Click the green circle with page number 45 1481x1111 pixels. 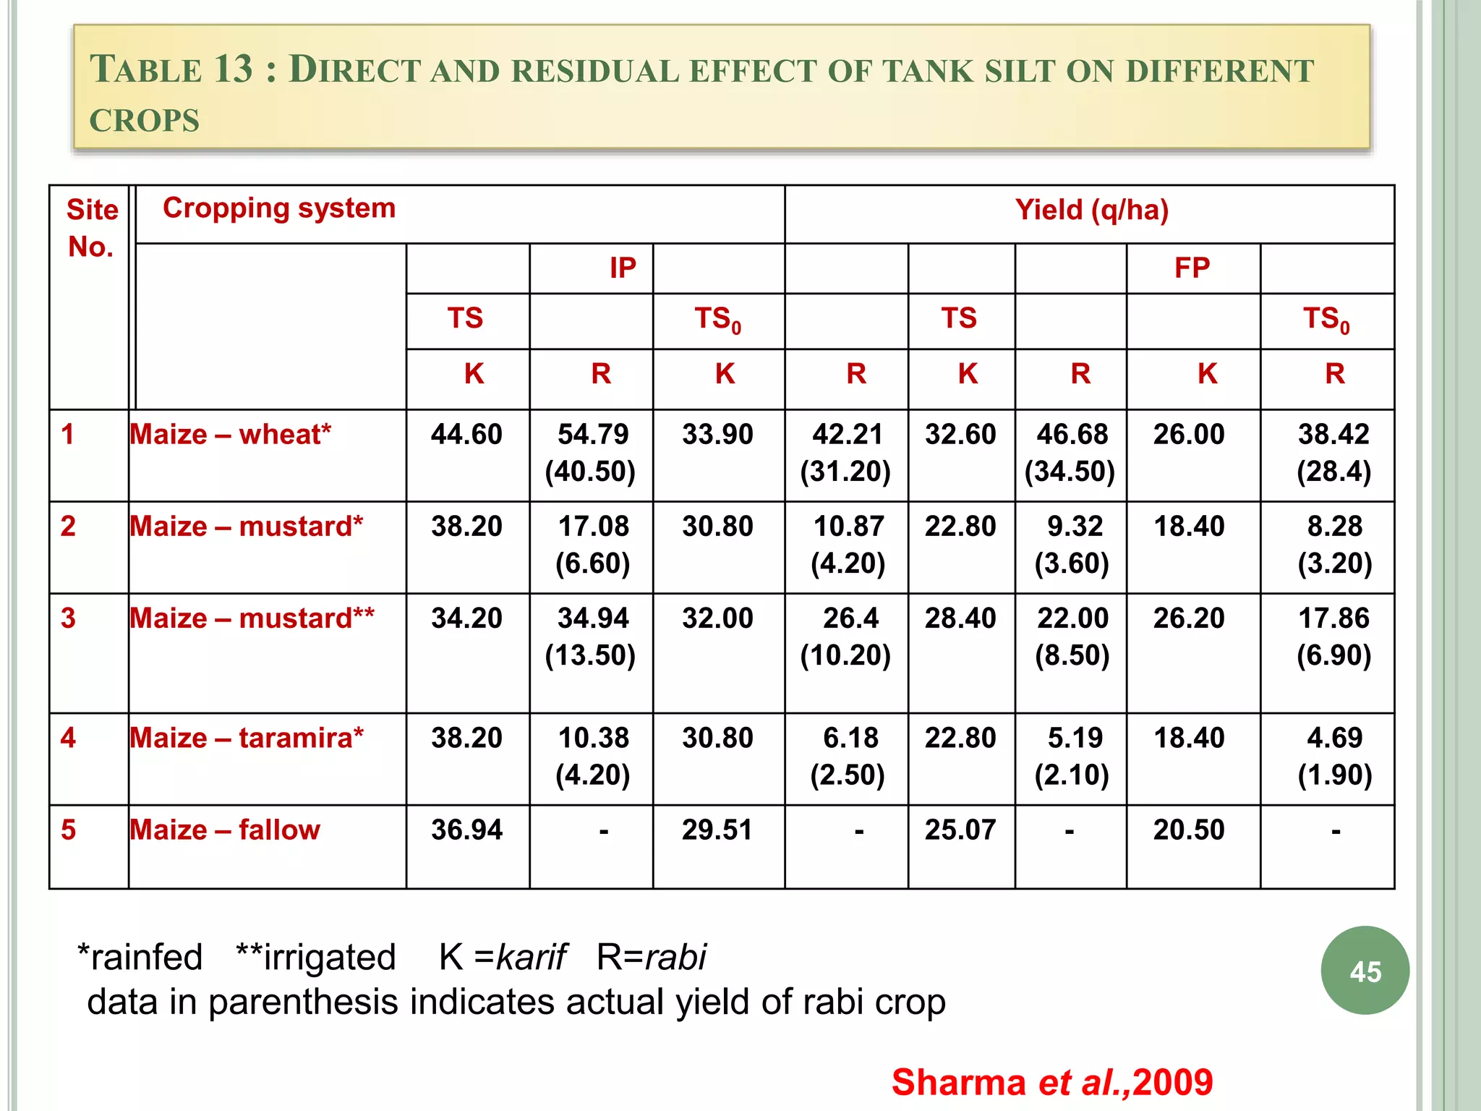1365,971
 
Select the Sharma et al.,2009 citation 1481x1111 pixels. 1051,1082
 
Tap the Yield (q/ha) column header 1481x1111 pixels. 1091,210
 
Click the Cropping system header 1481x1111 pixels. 279,208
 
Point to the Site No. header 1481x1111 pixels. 91,228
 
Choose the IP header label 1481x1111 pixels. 622,268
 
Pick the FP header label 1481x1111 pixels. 1192,268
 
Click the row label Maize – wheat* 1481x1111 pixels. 230,435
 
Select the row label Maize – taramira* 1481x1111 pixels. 247,738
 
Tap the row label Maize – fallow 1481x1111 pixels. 225,830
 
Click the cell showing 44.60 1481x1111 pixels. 466,435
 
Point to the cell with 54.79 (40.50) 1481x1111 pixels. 592,453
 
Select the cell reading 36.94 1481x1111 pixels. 466,830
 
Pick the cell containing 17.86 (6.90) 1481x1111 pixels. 1333,637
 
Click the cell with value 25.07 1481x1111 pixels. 960,830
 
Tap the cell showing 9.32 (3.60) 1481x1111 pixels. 1072,545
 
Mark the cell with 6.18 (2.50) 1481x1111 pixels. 848,756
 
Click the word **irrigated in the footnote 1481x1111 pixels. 316,957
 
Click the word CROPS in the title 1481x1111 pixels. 145,121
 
